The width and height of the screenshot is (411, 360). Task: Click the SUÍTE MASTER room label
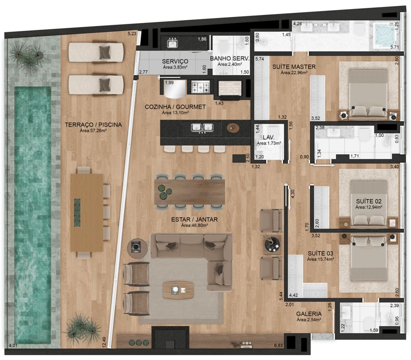[294, 67]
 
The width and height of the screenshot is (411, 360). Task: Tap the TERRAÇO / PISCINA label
[93, 125]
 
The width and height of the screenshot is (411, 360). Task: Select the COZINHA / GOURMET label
[175, 107]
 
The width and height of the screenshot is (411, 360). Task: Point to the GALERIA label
[309, 314]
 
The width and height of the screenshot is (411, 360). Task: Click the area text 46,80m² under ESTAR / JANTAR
[194, 225]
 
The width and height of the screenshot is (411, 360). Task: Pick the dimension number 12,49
[104, 342]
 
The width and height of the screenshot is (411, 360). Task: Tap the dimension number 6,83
[278, 345]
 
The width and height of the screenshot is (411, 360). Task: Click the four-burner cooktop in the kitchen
[201, 87]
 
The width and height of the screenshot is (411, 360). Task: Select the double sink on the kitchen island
[202, 127]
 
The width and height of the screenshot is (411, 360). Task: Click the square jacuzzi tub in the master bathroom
[385, 35]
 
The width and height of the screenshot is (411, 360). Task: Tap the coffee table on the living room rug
[178, 290]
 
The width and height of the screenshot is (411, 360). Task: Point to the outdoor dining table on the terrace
[86, 212]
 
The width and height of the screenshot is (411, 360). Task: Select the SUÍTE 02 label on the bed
[369, 201]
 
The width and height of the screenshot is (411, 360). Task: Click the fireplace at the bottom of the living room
[171, 337]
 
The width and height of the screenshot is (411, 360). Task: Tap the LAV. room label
[269, 137]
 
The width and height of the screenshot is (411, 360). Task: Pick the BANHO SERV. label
[229, 58]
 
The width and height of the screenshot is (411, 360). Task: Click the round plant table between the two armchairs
[272, 245]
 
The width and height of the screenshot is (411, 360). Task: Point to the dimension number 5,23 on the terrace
[132, 34]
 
